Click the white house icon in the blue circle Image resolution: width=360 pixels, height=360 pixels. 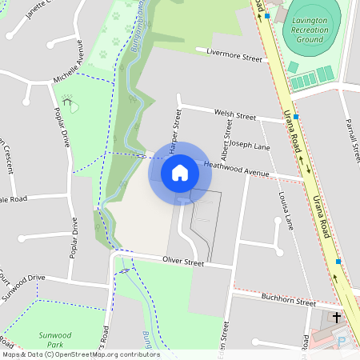pos(179,172)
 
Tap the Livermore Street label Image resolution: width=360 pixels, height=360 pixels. pos(234,58)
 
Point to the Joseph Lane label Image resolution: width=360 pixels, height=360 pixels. pos(251,146)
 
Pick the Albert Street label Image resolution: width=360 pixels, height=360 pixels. pos(229,138)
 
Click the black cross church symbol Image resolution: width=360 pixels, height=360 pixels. pos(336,318)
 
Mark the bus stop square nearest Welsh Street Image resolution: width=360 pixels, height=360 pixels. pos(296,117)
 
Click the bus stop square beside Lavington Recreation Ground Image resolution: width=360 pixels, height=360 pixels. pos(267,16)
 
